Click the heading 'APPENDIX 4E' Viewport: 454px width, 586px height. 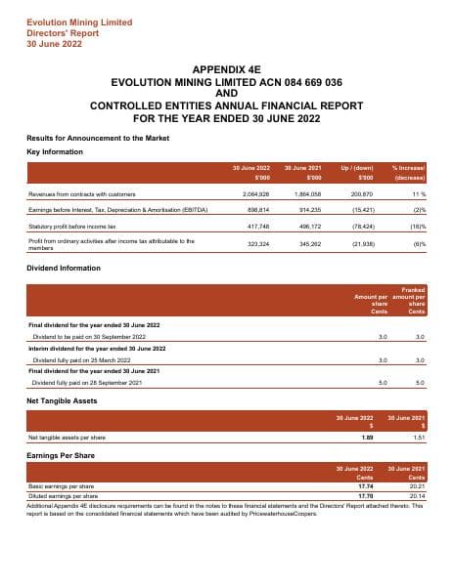[226, 70]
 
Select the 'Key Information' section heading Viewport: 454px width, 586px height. [55, 152]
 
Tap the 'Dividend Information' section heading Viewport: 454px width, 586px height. [66, 268]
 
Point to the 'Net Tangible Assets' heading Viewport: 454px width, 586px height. [62, 401]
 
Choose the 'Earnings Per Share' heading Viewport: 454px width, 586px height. [61, 456]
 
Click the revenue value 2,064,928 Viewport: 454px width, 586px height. [256, 195]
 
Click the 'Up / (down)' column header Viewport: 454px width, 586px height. [358, 170]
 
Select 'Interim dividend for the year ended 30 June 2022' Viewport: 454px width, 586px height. [95, 348]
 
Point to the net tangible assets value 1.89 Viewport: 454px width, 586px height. [368, 438]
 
